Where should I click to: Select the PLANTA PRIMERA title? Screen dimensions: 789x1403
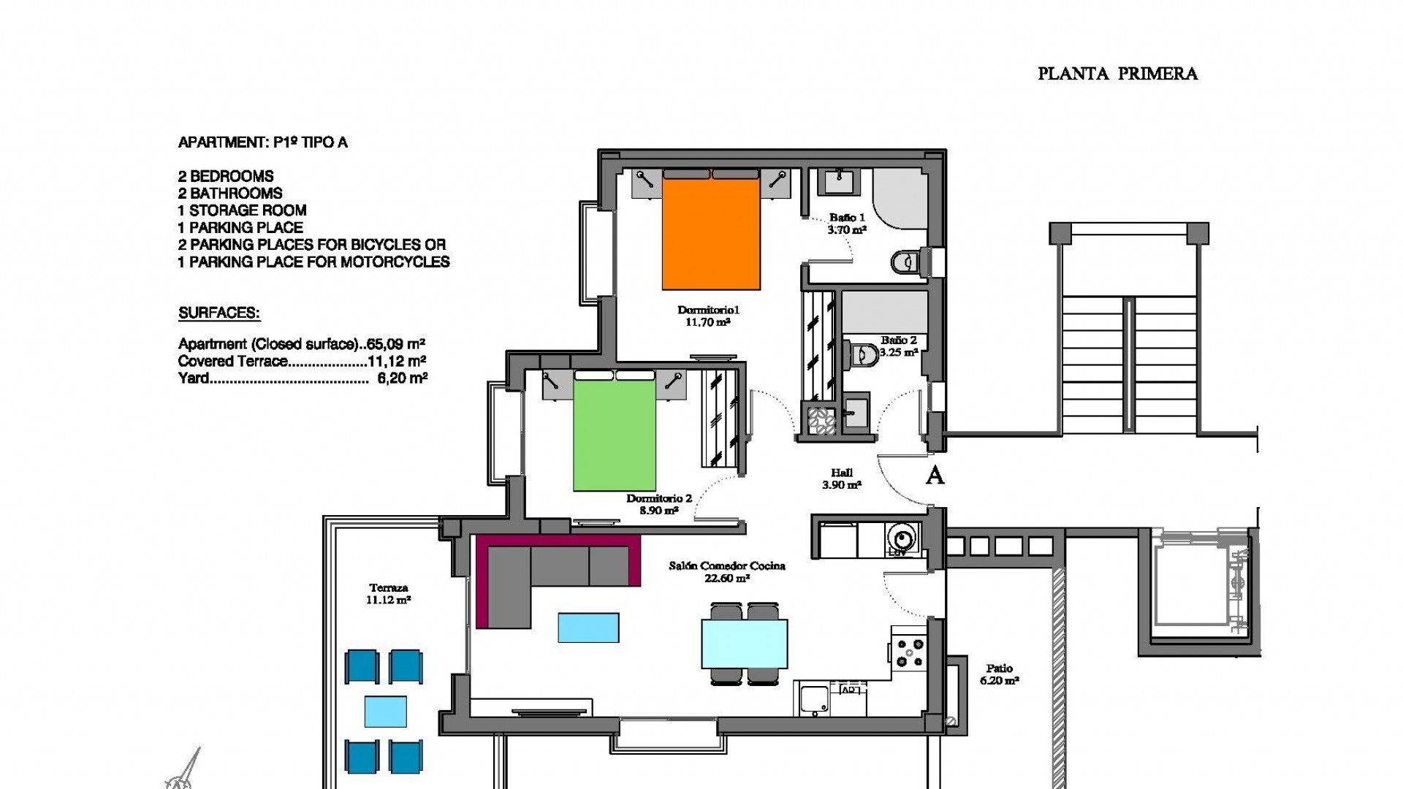(1117, 74)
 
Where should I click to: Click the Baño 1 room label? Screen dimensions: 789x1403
(847, 218)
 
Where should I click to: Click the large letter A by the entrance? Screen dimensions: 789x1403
(935, 476)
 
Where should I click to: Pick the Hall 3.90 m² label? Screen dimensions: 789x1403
(842, 479)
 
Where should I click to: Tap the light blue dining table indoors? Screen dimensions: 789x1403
(745, 644)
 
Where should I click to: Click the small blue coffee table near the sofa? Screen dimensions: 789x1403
(588, 628)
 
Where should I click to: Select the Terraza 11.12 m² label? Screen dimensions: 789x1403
(388, 593)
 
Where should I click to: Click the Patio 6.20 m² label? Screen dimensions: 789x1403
(999, 674)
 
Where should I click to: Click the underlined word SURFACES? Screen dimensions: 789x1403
(219, 313)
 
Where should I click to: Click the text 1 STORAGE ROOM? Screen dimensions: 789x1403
(242, 210)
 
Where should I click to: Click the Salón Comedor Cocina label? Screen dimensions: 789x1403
(727, 566)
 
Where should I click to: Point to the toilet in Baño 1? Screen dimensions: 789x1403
(905, 261)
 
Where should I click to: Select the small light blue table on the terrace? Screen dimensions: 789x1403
(386, 711)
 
